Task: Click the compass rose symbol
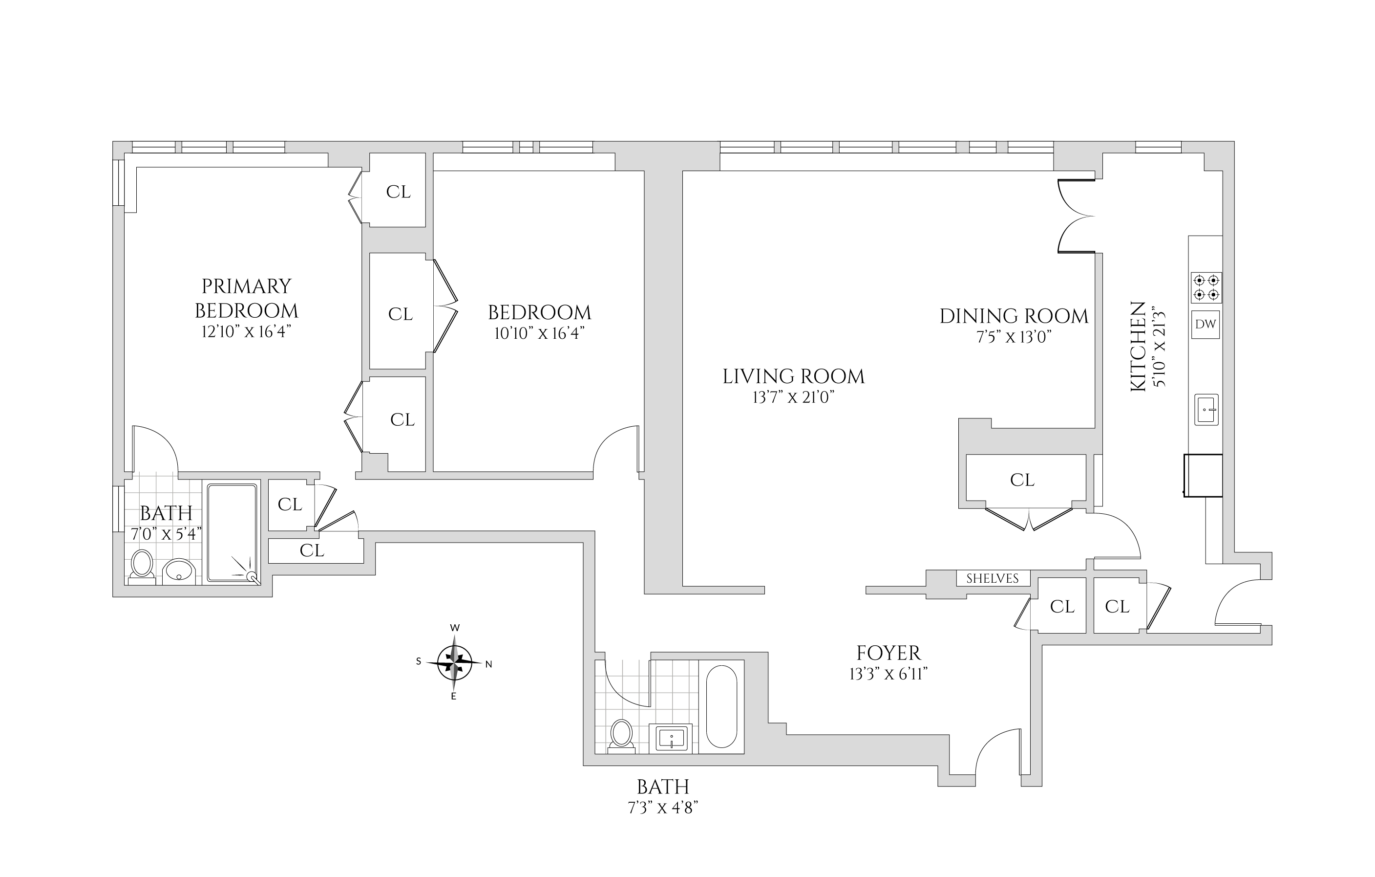pos(455,663)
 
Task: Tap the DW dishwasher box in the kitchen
pos(1206,324)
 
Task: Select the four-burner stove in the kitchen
pos(1206,287)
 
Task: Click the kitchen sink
pos(1206,409)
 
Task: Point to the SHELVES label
pos(993,578)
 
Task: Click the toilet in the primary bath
pos(142,566)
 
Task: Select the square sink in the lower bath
pos(671,738)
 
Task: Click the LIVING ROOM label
pos(793,376)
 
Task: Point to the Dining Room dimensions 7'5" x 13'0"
pos(1014,337)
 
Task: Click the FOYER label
pos(888,653)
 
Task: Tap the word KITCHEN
pos(1138,346)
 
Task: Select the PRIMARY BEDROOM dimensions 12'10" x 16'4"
pos(247,331)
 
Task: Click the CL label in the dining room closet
pos(1022,480)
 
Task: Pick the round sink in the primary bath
pos(179,571)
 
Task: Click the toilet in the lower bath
pos(621,735)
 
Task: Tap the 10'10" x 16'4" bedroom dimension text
pos(539,333)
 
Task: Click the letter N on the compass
pos(489,664)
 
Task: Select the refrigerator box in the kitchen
pos(1203,475)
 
